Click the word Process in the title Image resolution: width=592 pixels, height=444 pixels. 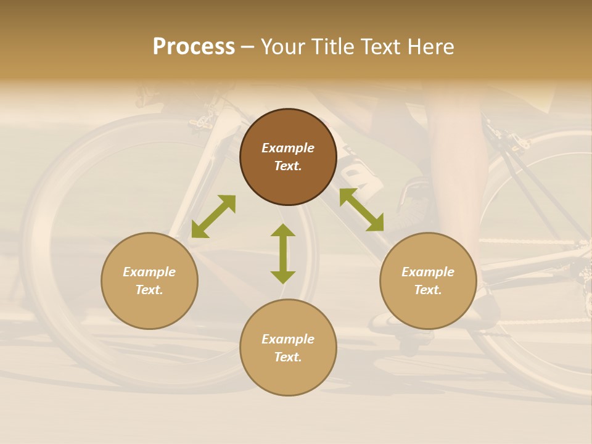194,47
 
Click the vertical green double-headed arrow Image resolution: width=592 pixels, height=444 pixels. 283,253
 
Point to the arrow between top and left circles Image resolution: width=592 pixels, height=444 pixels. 213,216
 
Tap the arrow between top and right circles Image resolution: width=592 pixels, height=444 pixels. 361,210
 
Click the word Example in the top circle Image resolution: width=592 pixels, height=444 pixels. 288,148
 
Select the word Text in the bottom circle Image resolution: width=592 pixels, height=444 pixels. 288,357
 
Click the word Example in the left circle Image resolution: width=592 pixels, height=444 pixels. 149,272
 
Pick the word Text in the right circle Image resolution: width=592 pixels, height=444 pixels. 428,290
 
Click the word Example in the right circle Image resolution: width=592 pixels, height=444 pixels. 428,272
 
